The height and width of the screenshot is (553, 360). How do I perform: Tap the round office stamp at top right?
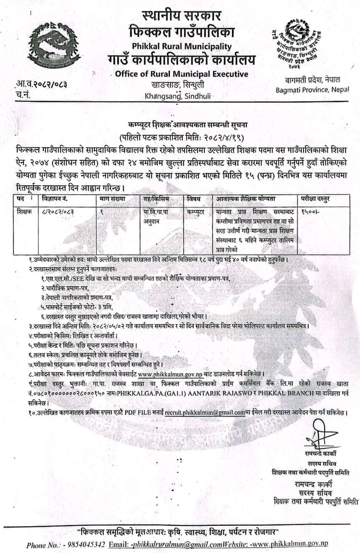294,44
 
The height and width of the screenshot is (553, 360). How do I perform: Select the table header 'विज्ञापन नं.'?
55,199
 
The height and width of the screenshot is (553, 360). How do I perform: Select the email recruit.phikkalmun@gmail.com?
205,413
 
